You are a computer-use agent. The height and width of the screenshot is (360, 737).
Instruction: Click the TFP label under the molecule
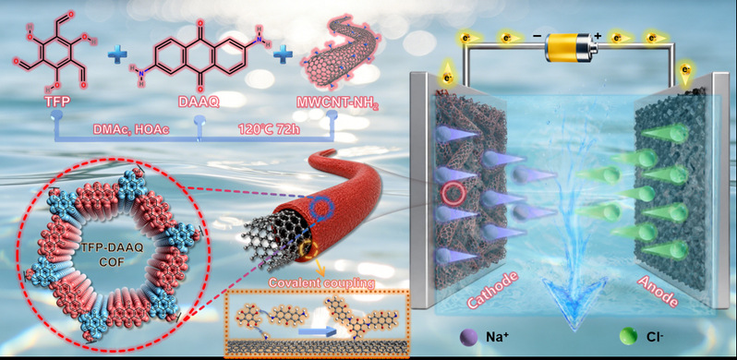(54, 102)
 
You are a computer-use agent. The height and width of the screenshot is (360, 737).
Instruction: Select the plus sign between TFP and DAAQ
(117, 56)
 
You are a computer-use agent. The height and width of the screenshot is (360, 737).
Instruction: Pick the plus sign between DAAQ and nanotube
(283, 55)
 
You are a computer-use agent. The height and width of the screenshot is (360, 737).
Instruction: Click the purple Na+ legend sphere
(469, 337)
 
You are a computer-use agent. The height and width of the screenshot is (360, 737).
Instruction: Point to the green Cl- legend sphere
(628, 337)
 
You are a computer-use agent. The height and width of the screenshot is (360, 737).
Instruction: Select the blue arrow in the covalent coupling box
(318, 331)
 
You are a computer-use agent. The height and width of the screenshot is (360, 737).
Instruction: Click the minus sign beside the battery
(537, 36)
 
